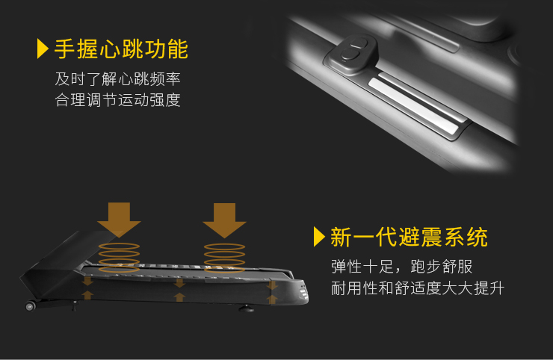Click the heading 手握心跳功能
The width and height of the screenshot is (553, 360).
pyautogui.click(x=121, y=49)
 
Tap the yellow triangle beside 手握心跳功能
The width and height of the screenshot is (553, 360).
pyautogui.click(x=43, y=49)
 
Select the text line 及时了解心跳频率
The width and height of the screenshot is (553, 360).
pyautogui.click(x=117, y=78)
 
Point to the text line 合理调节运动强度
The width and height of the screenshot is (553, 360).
pyautogui.click(x=117, y=100)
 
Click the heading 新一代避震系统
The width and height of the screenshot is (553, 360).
pyautogui.click(x=409, y=237)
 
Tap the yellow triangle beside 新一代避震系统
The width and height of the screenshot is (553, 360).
pyautogui.click(x=319, y=237)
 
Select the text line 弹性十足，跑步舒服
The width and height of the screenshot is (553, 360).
pyautogui.click(x=401, y=267)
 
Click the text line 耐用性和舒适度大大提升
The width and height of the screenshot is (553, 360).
pyautogui.click(x=418, y=288)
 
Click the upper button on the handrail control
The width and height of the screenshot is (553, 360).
pyautogui.click(x=358, y=44)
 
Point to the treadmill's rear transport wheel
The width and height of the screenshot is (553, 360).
pyautogui.click(x=30, y=306)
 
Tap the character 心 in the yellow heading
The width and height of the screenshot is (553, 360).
pyautogui.click(x=110, y=49)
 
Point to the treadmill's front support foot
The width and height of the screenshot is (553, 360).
pyautogui.click(x=246, y=309)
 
